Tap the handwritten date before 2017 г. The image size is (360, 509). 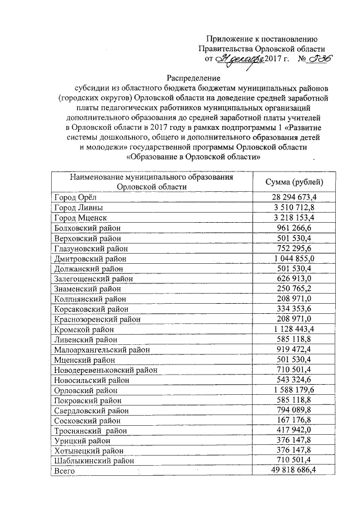pos(240,58)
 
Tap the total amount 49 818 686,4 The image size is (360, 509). pos(294,470)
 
